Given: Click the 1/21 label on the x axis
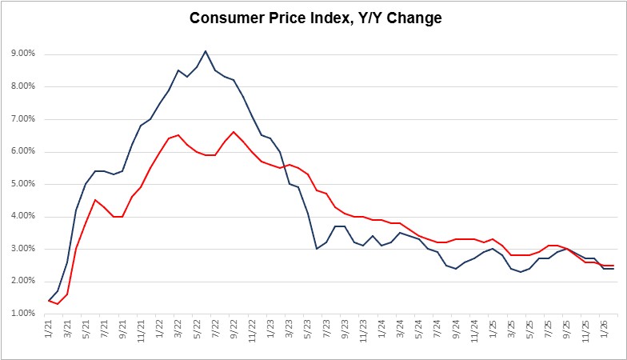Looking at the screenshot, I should point(49,329).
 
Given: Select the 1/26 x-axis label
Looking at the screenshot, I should point(593,329).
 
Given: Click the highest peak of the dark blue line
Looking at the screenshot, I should point(206,51).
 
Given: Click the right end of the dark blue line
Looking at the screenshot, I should point(613,269).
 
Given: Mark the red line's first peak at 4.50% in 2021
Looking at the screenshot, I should point(95,200).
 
